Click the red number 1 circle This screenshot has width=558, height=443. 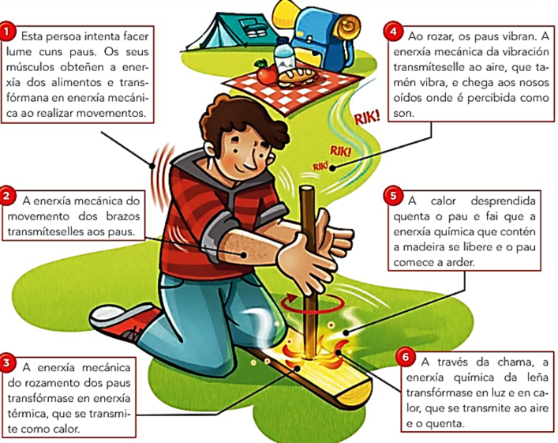[8, 32]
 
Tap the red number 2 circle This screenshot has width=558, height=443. [8, 196]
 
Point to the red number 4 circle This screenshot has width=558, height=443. [393, 32]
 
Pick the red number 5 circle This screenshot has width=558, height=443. [393, 196]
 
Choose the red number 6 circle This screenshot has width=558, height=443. [406, 357]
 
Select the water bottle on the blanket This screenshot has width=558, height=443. [284, 56]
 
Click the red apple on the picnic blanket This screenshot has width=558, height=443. [265, 72]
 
